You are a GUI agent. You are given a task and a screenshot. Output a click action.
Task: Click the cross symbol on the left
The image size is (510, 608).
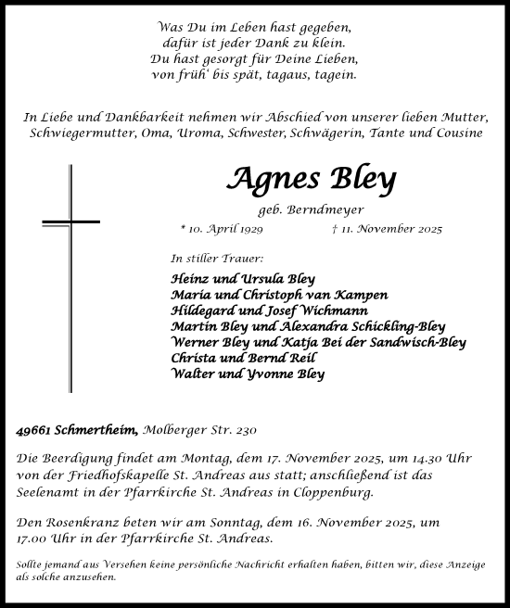[x=70, y=222]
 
